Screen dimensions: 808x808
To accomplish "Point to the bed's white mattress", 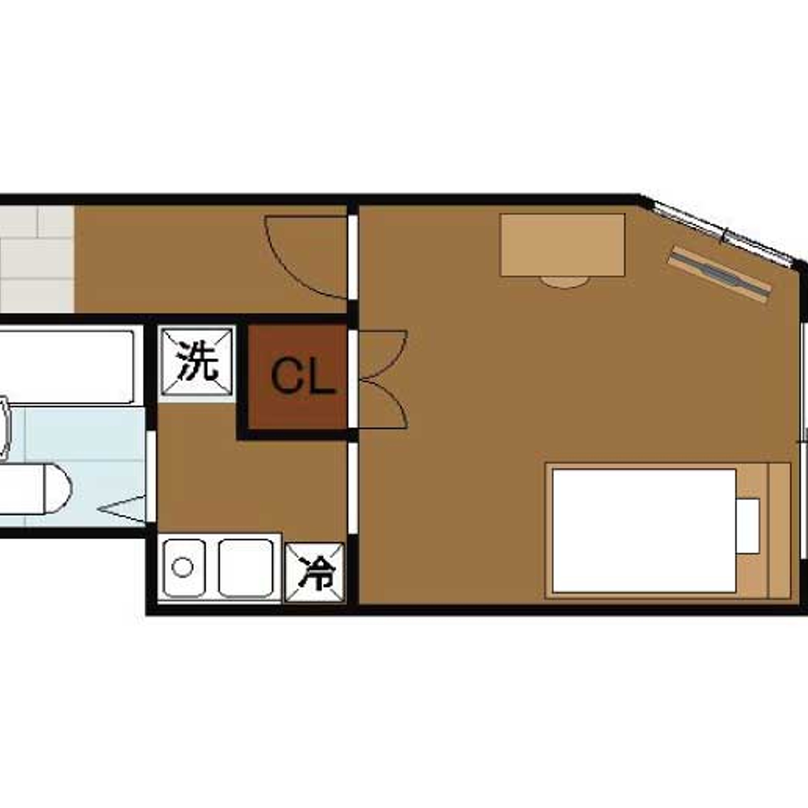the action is tap(644, 531).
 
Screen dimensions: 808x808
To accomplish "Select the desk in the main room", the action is tap(562, 245).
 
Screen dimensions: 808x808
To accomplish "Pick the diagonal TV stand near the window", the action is tap(719, 274).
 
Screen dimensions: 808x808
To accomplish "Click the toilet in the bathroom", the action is tap(36, 488).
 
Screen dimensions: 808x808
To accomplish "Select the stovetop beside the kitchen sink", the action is tap(246, 568).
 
